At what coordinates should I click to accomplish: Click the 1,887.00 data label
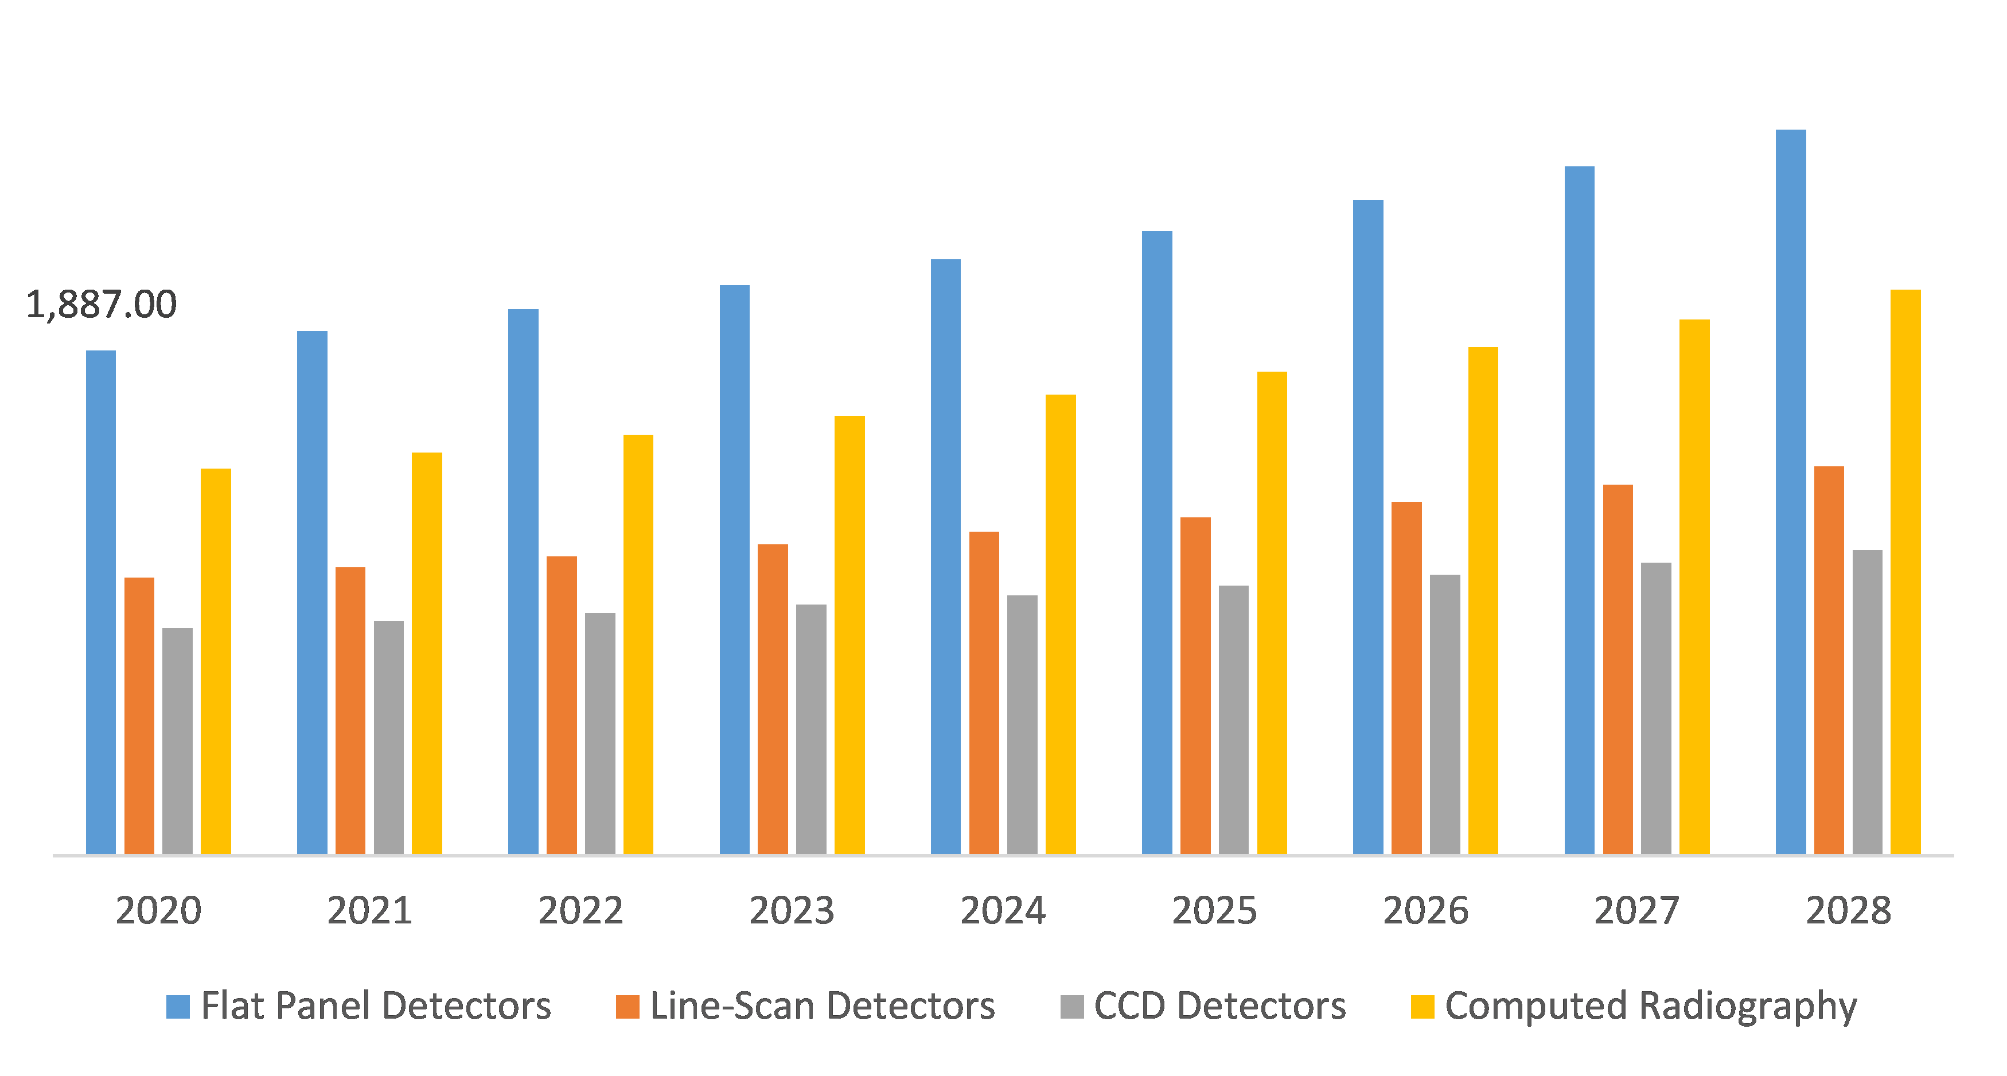[x=102, y=304]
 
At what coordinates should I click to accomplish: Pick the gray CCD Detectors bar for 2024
[x=1022, y=724]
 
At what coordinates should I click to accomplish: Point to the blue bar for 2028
[x=1790, y=491]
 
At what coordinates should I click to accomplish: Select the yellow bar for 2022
[x=638, y=644]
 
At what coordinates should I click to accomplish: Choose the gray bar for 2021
[x=389, y=736]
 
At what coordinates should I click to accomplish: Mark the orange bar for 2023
[x=773, y=698]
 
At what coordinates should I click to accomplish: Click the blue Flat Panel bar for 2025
[x=1157, y=541]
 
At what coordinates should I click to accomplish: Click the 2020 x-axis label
[x=158, y=910]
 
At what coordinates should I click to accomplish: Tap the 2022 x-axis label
[x=580, y=910]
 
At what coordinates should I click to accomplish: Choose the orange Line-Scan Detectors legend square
[x=627, y=1007]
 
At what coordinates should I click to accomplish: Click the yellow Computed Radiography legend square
[x=1422, y=1007]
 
